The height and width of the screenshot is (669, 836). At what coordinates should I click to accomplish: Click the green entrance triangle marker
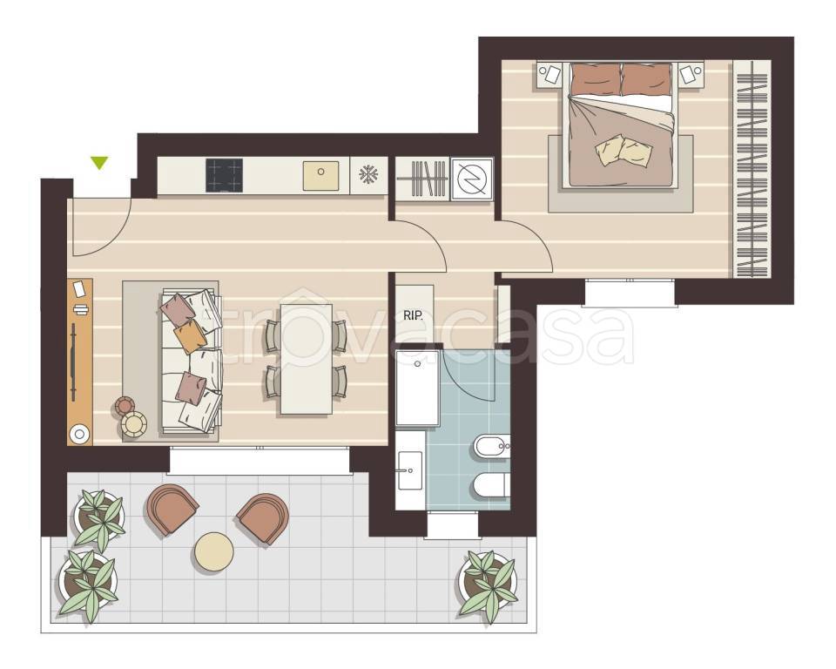pos(99,163)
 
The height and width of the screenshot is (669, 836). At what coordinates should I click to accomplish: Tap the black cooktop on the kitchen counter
pos(224,175)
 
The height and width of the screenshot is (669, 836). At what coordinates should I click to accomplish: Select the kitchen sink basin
pos(320,175)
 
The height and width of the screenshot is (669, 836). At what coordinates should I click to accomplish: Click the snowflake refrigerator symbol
pos(368,174)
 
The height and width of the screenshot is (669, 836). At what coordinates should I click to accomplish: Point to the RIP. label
pos(413,315)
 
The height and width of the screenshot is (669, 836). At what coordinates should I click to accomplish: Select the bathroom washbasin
pos(410,470)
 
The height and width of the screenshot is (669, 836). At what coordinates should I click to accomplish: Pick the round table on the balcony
pos(214,552)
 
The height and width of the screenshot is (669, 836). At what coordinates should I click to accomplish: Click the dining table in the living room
pos(306,359)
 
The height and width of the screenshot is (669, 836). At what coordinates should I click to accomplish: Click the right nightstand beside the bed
pos(691,74)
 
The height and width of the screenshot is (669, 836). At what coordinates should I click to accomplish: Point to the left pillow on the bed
pos(596,79)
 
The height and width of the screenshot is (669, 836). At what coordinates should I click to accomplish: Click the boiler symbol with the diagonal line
pos(472,179)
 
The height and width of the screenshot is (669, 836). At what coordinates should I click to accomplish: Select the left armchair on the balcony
pos(172,509)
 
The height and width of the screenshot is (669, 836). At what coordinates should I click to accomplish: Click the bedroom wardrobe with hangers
pos(752,169)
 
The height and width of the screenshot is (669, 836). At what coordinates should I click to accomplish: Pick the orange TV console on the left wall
pos(80,362)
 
